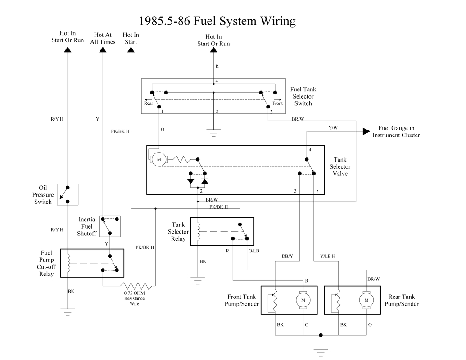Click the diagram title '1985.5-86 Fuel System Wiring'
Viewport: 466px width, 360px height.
tap(217, 21)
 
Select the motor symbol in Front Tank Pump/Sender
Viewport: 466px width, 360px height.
tap(303, 300)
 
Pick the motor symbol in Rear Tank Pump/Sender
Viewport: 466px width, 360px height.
tap(366, 300)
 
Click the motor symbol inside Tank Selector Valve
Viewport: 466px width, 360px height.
tap(158, 159)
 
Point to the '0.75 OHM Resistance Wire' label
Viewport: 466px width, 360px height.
tap(134, 298)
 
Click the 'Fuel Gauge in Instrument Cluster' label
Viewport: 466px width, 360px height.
tap(396, 132)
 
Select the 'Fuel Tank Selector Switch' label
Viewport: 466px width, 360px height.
tap(303, 96)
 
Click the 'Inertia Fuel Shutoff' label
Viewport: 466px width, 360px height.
tap(87, 226)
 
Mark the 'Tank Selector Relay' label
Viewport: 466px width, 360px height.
tap(178, 232)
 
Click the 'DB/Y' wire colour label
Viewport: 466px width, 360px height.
tap(287, 256)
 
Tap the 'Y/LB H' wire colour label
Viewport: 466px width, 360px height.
tap(327, 256)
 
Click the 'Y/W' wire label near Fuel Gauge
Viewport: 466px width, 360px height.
tap(333, 128)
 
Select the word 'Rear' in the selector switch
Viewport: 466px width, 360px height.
tap(149, 103)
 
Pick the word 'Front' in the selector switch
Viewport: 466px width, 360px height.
tap(277, 103)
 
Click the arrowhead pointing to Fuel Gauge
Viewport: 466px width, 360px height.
tap(366, 131)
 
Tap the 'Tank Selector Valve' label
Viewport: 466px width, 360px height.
tap(340, 166)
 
